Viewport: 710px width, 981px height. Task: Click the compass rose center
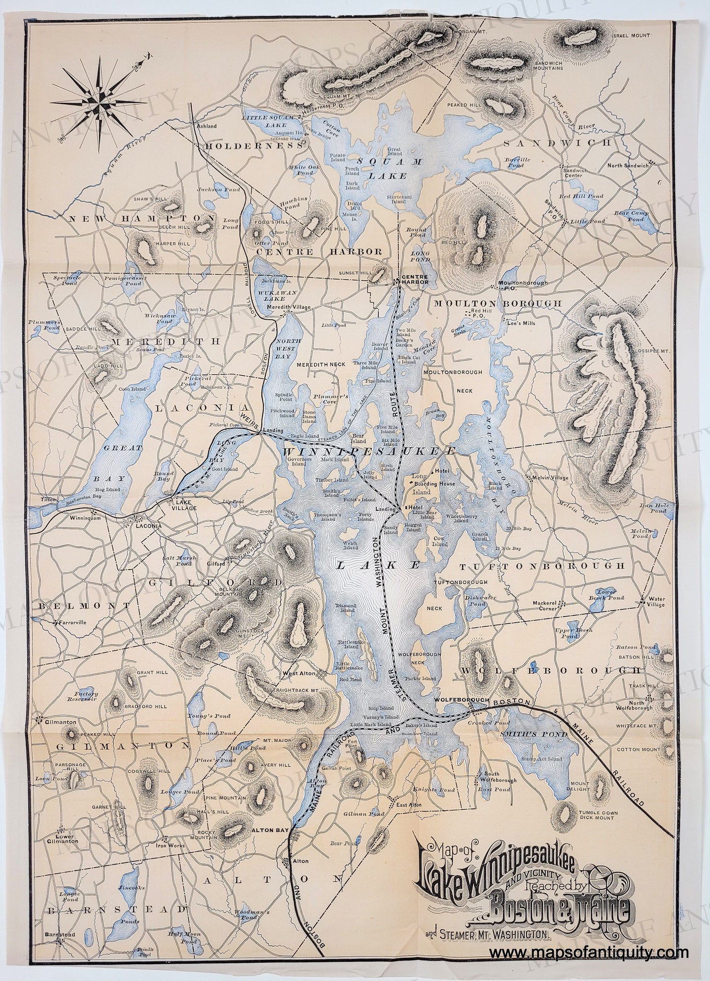point(100,95)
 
